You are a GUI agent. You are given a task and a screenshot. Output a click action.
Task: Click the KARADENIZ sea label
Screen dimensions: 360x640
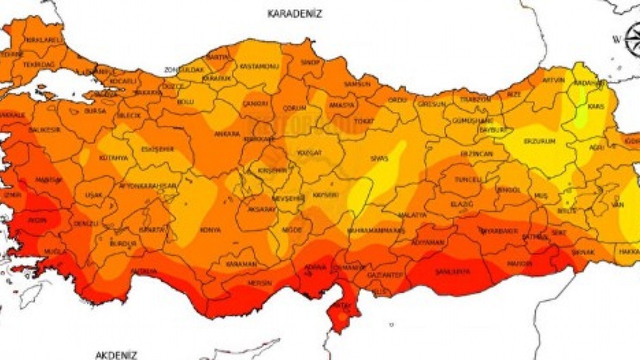click(x=294, y=13)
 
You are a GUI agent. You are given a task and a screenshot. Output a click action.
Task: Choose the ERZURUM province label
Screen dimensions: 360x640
click(x=539, y=141)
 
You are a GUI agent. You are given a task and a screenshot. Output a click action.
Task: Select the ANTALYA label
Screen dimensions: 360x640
click(x=143, y=271)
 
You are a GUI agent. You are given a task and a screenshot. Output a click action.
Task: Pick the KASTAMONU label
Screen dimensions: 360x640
click(x=255, y=66)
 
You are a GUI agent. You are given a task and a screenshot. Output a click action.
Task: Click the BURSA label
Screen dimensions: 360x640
click(x=95, y=110)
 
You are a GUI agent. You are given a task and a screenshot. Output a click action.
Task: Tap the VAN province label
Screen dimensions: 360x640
click(x=618, y=205)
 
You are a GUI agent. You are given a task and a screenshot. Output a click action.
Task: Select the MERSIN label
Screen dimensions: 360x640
click(x=259, y=283)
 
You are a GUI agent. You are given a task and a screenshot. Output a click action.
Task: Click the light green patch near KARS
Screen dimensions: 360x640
click(x=580, y=117)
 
